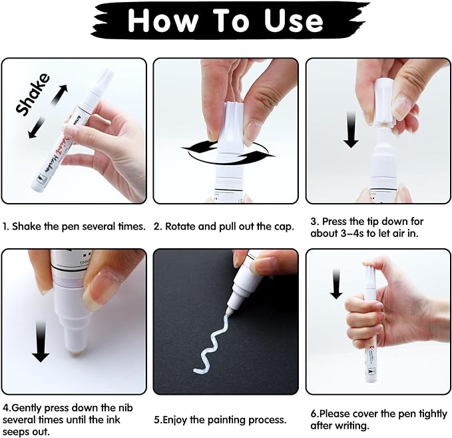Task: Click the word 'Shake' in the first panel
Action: (33, 95)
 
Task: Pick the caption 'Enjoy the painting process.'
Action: (220, 420)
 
